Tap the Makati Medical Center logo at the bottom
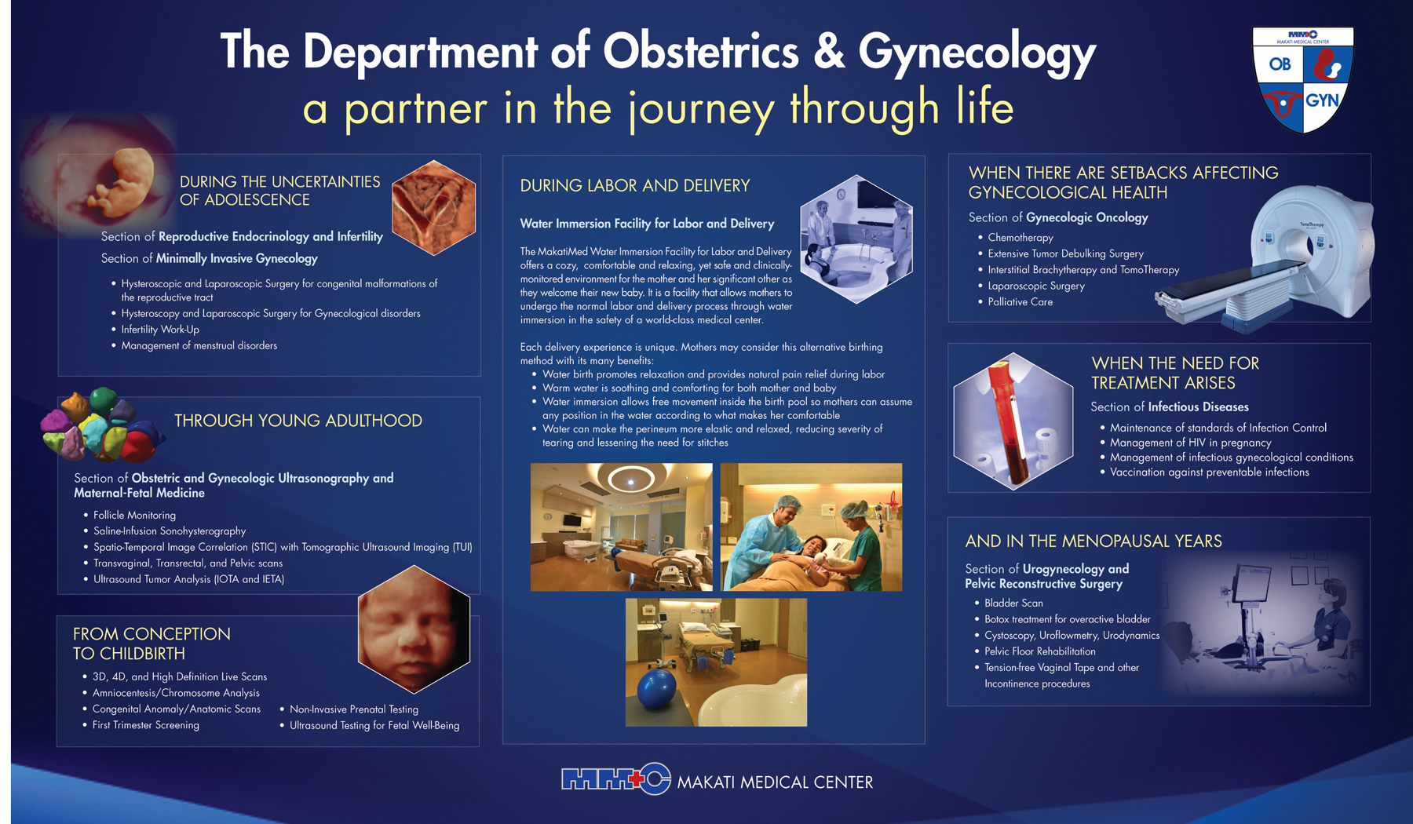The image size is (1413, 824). [x=616, y=779]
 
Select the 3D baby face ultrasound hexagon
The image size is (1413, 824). [x=414, y=629]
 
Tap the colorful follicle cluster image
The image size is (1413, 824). [x=100, y=425]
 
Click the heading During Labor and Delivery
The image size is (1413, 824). [x=635, y=186]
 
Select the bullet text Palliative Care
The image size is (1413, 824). [x=1020, y=302]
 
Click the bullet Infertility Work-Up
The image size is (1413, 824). [x=160, y=330]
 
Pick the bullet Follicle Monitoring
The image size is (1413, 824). [x=134, y=516]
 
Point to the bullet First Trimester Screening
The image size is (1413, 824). [x=145, y=725]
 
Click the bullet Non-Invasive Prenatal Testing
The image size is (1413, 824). [x=354, y=709]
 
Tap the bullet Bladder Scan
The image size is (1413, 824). [x=1013, y=603]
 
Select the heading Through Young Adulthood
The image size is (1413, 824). [x=298, y=421]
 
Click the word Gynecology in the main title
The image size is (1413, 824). [x=977, y=53]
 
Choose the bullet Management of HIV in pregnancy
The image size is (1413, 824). [x=1190, y=443]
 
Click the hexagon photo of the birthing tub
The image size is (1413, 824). [x=856, y=239]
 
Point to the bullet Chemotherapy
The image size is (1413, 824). [x=1020, y=238]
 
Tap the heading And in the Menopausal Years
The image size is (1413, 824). [x=1094, y=541]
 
